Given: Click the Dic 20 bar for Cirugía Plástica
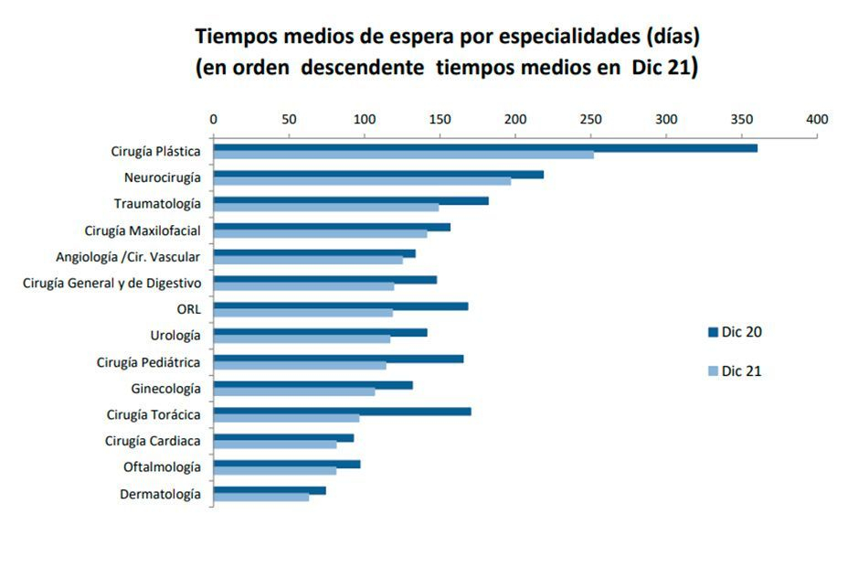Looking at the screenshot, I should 485,148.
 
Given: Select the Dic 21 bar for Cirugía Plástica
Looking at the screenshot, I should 403,155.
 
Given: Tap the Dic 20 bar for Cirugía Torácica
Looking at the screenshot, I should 342,412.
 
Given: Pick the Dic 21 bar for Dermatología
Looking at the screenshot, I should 260,498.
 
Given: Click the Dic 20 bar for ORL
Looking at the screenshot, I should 340,305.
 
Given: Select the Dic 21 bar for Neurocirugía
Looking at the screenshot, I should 362,181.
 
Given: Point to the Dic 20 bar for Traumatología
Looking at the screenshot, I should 350,200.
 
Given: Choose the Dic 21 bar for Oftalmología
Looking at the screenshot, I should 274,471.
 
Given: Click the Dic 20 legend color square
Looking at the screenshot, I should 713,332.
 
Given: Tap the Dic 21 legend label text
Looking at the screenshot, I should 741,371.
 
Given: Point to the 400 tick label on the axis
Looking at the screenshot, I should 816,120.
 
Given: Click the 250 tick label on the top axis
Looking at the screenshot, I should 590,120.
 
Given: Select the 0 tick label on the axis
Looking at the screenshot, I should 213,120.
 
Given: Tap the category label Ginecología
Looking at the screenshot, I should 165,389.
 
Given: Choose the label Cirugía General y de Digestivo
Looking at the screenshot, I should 111,283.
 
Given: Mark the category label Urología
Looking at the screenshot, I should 175,336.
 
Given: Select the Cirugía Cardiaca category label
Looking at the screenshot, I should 153,442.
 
